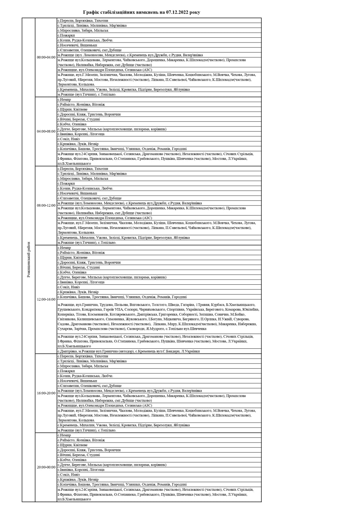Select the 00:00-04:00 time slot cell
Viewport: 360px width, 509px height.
point(46,57)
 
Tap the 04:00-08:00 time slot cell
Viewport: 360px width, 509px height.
point(46,131)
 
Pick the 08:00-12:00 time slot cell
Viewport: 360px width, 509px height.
point(46,206)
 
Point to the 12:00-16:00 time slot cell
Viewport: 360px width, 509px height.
point(46,299)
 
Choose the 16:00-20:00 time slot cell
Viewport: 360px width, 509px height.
point(46,393)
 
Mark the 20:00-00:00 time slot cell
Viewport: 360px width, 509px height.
point(46,467)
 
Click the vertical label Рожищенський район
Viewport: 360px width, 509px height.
point(29,260)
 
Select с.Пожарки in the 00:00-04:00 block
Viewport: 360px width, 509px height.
point(66,35)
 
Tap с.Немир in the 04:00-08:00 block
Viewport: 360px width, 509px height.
point(64,99)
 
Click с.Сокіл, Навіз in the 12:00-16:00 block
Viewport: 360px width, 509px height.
point(69,287)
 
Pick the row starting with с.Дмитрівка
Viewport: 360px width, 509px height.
point(128,351)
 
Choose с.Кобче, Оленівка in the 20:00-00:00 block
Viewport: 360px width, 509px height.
point(72,460)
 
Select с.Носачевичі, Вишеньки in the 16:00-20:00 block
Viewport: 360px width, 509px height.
point(77,381)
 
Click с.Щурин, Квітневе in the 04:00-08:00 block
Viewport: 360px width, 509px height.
point(72,109)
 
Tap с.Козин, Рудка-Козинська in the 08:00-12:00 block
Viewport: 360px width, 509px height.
point(85,188)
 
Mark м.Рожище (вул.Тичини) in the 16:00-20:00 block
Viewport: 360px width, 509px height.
point(87,430)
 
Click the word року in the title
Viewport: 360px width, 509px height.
point(195,12)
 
